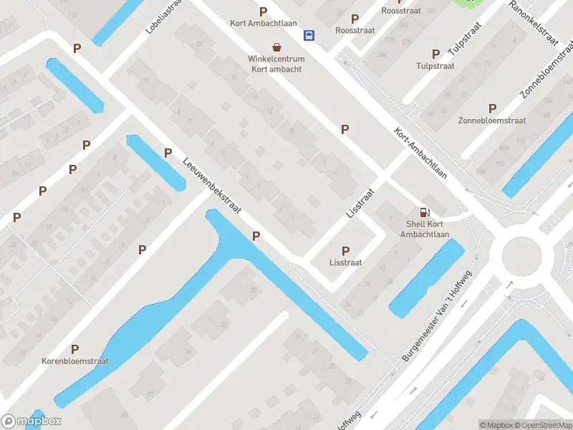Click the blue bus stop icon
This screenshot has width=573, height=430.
[x=309, y=34]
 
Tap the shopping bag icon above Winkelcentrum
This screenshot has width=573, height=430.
[x=276, y=47]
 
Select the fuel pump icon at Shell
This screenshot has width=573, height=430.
[x=425, y=212]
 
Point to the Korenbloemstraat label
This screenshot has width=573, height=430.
[x=74, y=362]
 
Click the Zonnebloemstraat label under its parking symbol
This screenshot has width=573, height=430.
[x=491, y=120]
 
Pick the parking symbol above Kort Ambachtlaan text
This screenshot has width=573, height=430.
[x=264, y=11]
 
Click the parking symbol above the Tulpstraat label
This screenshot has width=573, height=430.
[x=435, y=54]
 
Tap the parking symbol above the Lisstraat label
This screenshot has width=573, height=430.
[x=346, y=251]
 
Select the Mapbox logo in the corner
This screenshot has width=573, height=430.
[x=32, y=421]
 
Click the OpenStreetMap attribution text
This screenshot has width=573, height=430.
[x=544, y=425]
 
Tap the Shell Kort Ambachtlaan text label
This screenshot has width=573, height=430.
[x=425, y=229]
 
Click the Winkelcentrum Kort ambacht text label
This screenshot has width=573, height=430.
[x=276, y=64]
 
